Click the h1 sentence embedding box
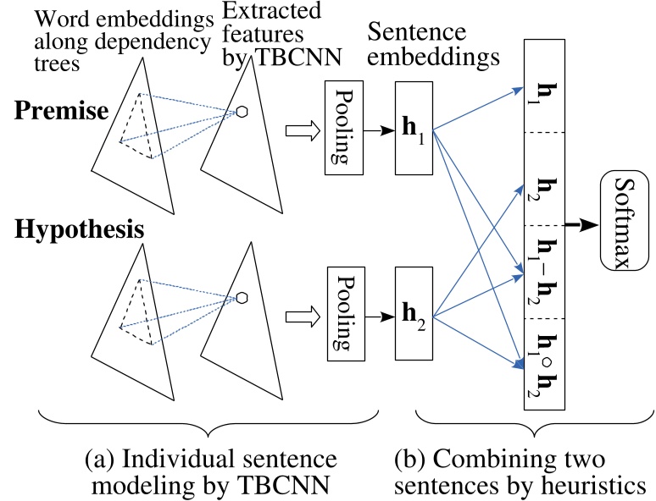tap(414, 130)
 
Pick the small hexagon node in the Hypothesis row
tap(242, 297)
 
